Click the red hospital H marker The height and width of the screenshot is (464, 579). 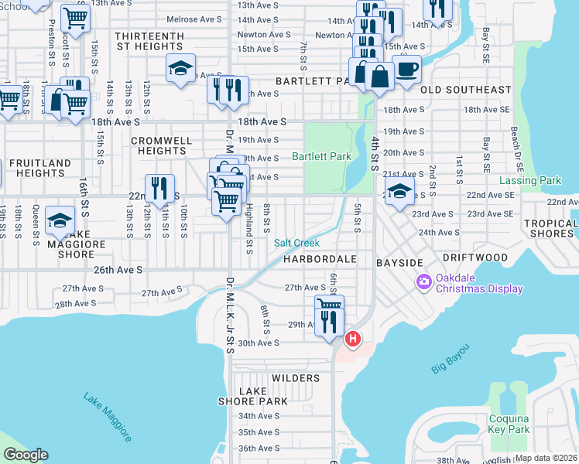click(x=353, y=339)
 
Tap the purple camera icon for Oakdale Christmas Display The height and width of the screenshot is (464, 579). click(x=423, y=281)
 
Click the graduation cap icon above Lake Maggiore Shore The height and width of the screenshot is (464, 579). click(x=60, y=222)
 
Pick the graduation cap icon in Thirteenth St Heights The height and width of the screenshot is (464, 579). click(x=180, y=69)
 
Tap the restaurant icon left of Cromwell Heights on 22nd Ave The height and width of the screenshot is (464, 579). click(x=159, y=189)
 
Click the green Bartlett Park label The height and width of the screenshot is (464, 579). click(x=321, y=156)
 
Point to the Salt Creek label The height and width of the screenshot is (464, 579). click(x=296, y=243)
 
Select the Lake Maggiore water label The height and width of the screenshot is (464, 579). click(x=107, y=417)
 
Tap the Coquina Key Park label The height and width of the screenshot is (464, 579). click(x=509, y=424)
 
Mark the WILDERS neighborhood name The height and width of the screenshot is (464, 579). click(x=296, y=378)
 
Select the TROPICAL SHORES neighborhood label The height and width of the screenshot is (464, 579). click(x=550, y=229)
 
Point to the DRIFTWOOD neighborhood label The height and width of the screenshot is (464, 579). click(x=475, y=257)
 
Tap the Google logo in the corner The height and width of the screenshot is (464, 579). click(x=26, y=455)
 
